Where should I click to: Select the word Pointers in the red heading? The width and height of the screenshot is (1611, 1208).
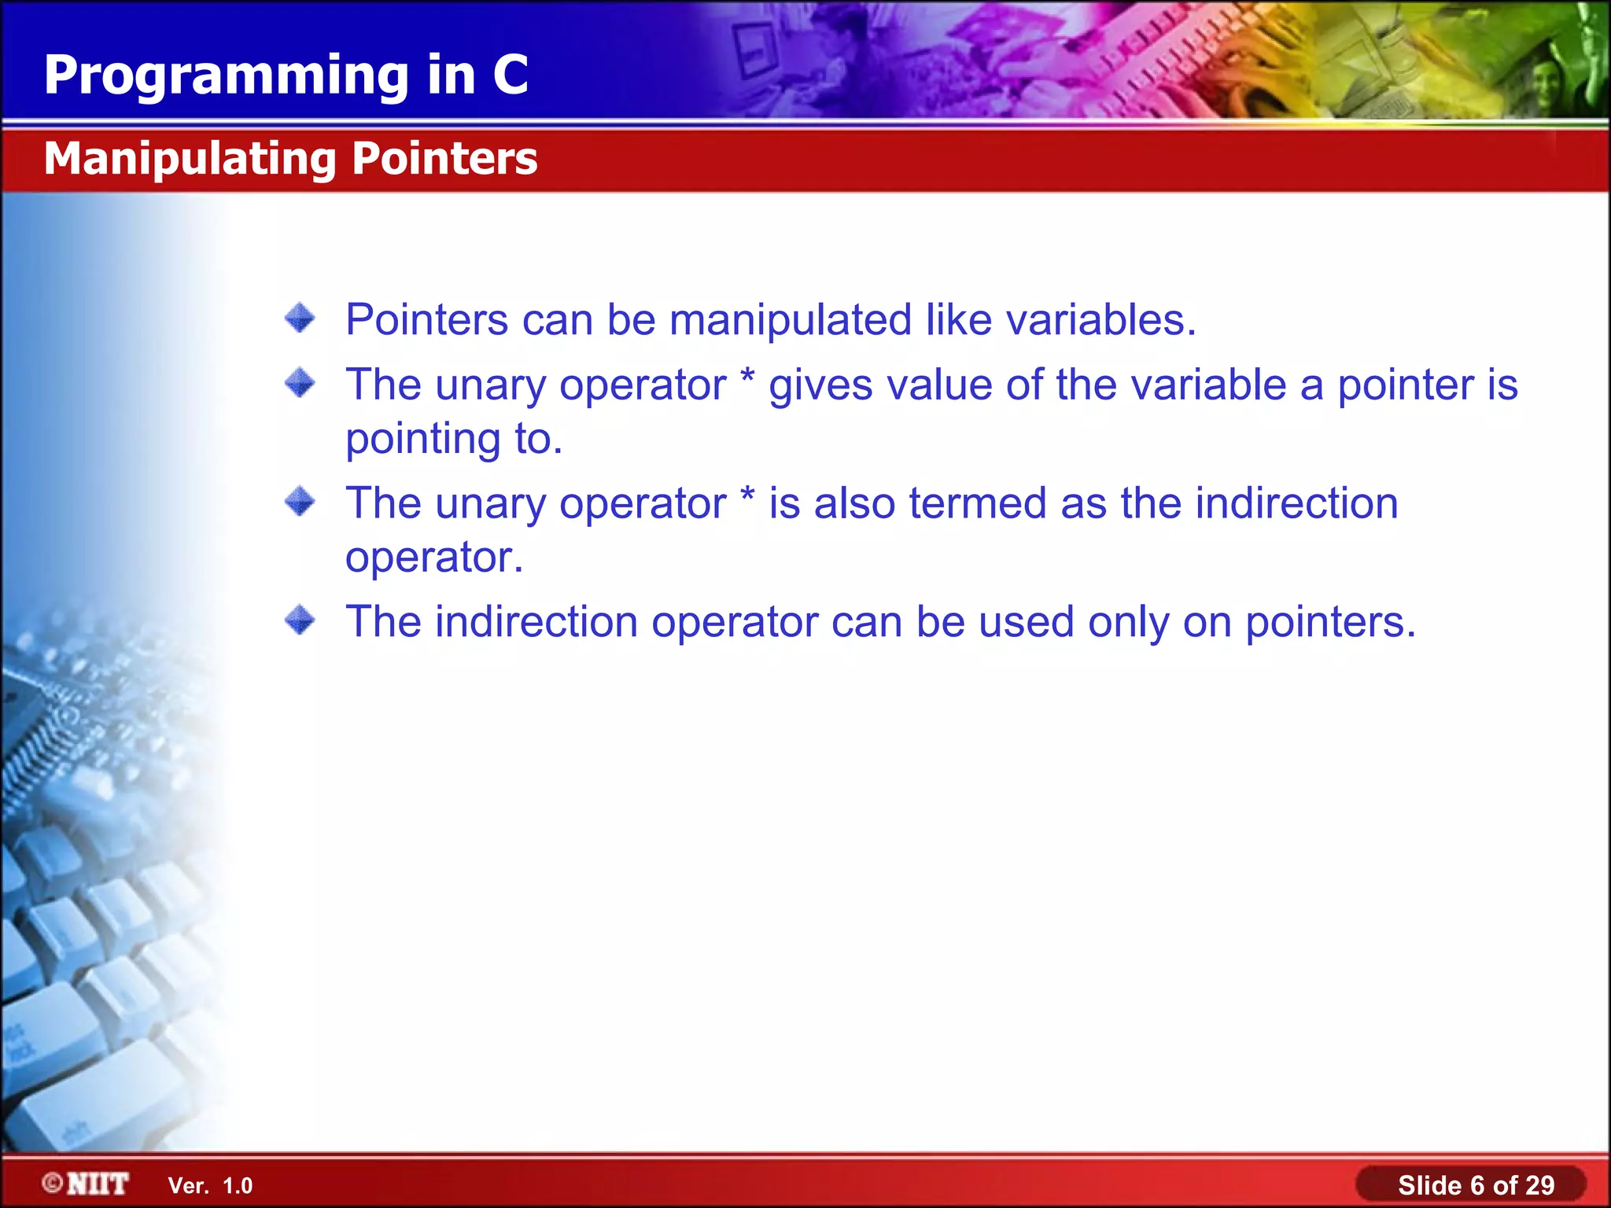point(444,158)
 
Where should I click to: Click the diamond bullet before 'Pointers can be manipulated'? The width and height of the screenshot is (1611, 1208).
point(300,319)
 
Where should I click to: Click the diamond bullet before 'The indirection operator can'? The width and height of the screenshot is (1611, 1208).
point(300,621)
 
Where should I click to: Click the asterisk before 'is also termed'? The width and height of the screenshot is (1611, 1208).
point(747,495)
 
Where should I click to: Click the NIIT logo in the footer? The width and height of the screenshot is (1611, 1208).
point(98,1184)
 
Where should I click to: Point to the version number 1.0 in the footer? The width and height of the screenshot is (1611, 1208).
point(238,1186)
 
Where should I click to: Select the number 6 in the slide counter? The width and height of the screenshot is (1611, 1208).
point(1476,1185)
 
